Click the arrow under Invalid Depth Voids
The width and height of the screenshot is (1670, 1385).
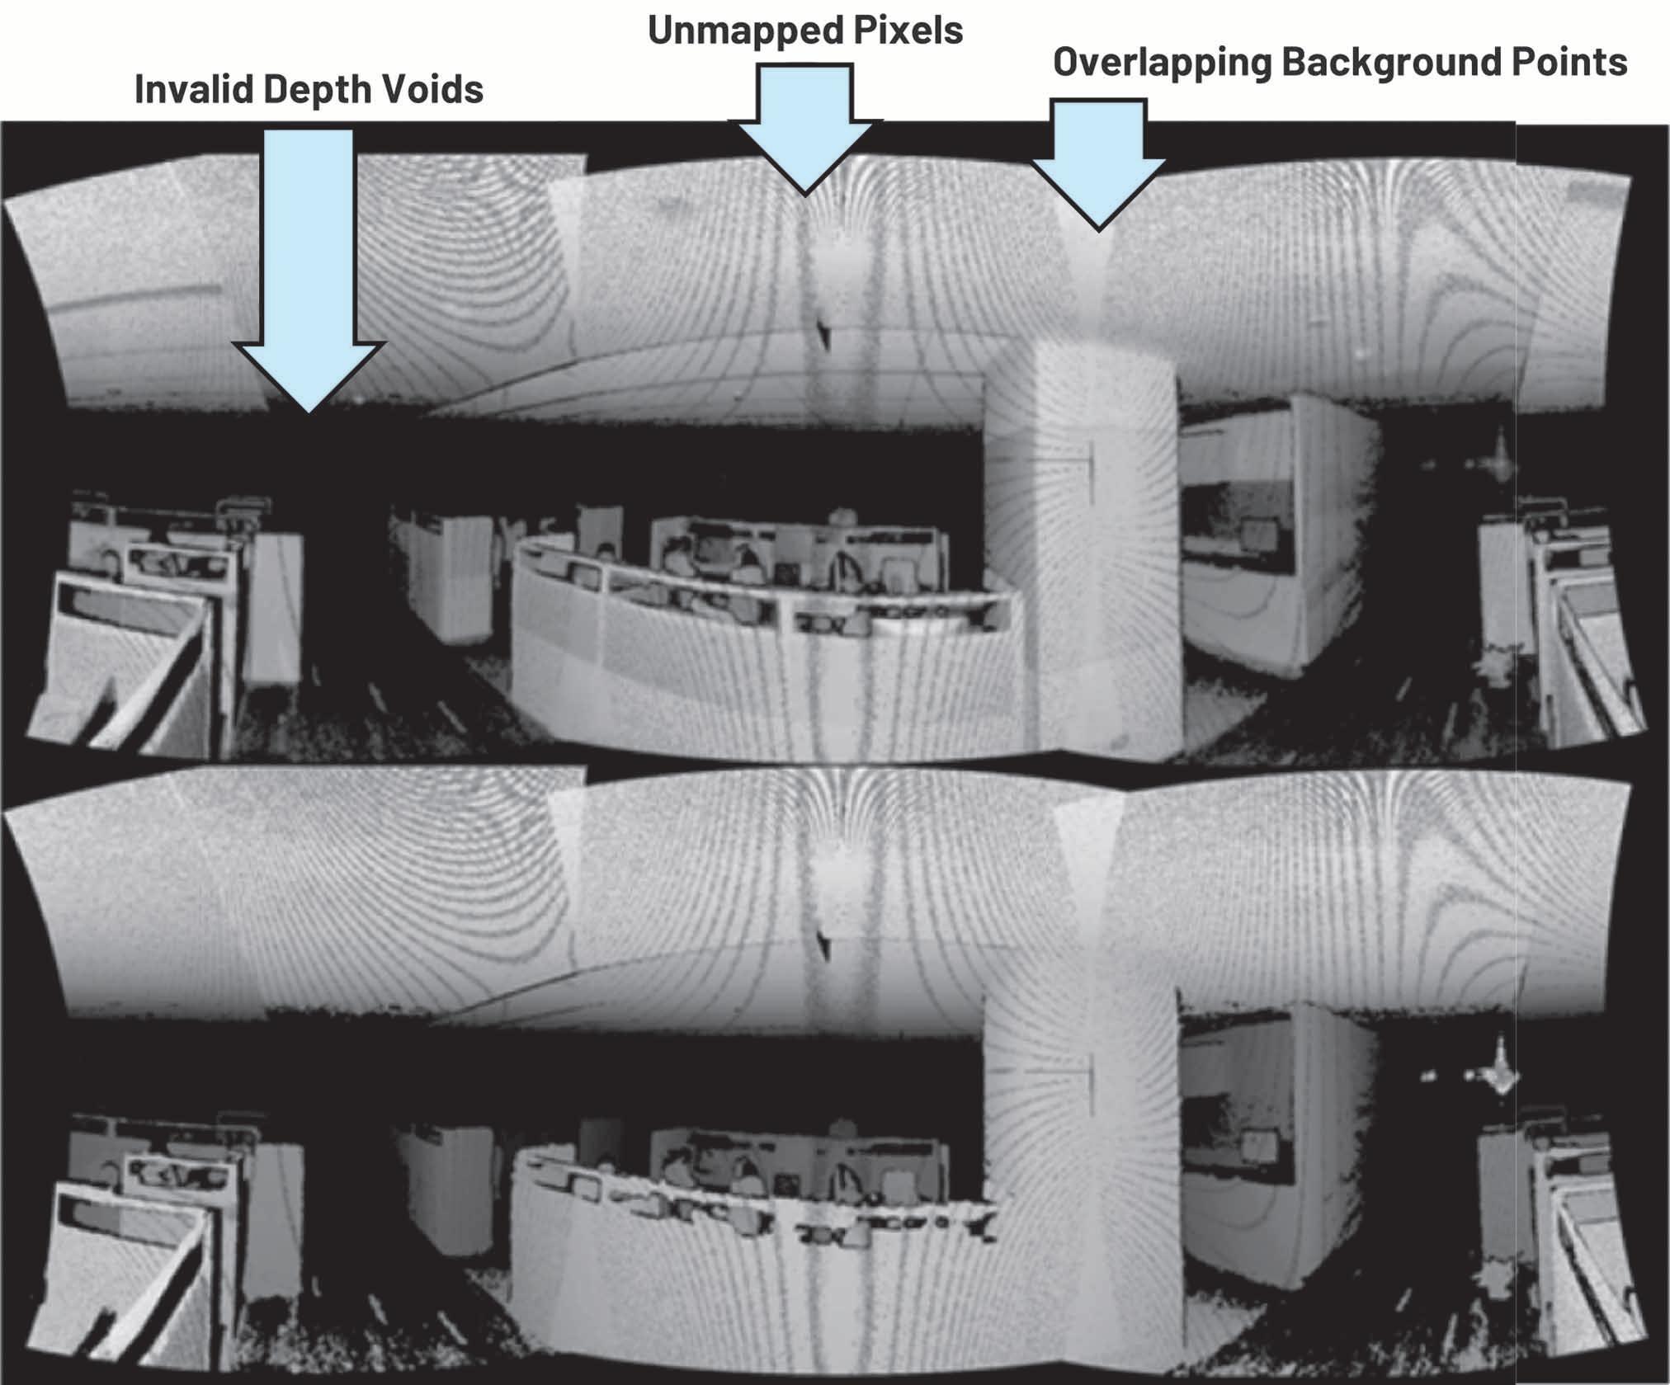(x=309, y=272)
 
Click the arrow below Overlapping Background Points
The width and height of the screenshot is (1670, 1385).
(x=1097, y=165)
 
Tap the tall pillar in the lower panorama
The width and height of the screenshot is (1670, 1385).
(x=1081, y=1155)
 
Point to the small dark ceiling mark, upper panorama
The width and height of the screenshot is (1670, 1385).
(x=823, y=332)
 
